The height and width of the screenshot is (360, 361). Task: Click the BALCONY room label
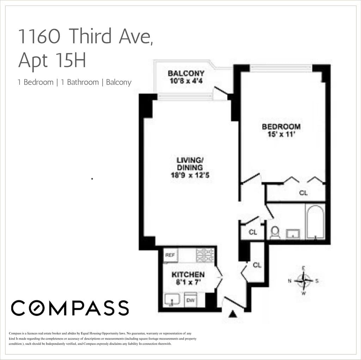pos(186,74)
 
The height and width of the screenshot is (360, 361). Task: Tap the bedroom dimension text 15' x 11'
pos(281,134)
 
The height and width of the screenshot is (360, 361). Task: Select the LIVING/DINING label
pos(190,163)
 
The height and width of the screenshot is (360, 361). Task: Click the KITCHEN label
pos(188,275)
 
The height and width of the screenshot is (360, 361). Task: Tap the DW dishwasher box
pos(190,300)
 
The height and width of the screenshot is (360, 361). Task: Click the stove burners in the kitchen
pos(205,255)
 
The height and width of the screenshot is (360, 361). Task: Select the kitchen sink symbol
pos(172,300)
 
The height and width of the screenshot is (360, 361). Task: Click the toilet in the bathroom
pos(275,232)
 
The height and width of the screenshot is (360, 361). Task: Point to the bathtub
pos(315,222)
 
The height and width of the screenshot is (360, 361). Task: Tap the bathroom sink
pos(293,233)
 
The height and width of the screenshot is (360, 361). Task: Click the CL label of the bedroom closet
pos(303,193)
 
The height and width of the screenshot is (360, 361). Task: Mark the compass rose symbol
pos(303,281)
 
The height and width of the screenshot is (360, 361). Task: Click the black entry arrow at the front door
pos(233,313)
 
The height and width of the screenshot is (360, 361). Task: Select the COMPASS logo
pos(70,308)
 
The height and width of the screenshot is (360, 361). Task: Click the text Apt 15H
pos(52,60)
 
